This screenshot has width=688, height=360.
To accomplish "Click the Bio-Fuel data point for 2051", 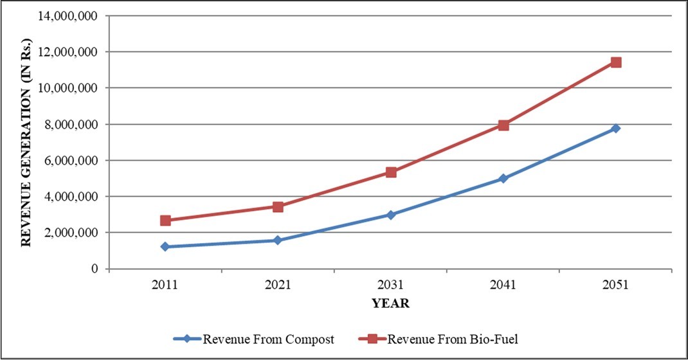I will click(615, 62).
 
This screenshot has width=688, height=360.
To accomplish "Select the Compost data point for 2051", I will click(615, 129).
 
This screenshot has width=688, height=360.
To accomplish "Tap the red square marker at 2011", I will click(165, 221).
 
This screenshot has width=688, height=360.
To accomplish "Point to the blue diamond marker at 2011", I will click(165, 247).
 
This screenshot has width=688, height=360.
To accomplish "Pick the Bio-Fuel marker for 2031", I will click(391, 172).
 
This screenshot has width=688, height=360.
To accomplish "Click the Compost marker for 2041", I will click(503, 179).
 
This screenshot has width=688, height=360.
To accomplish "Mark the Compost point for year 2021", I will click(278, 240).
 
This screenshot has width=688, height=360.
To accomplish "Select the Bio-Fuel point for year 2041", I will click(503, 125).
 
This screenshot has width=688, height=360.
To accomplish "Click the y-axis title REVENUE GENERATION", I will click(26, 141).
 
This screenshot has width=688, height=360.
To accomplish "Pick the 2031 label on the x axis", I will click(390, 285).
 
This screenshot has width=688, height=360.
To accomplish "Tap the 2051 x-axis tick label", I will click(615, 285).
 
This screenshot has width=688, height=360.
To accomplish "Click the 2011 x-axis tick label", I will click(165, 285).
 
